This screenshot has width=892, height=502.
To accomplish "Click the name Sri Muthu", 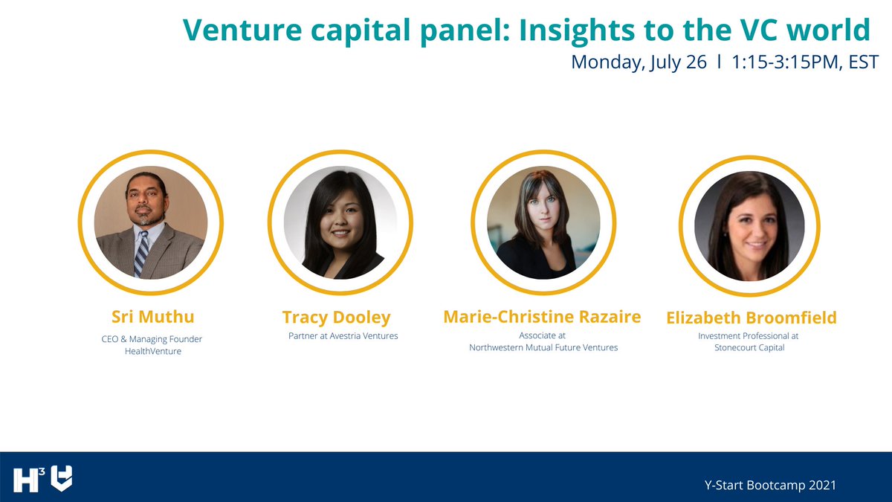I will [x=152, y=317].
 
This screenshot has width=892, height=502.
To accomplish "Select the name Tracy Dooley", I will [x=336, y=318].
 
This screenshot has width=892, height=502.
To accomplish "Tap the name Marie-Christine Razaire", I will [x=542, y=317].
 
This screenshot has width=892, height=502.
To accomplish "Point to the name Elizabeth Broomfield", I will [x=751, y=318].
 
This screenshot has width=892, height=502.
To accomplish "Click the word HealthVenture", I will [x=152, y=351].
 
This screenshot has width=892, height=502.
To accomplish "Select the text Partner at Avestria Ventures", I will [x=343, y=336].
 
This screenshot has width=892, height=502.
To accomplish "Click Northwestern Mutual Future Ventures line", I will [x=543, y=347].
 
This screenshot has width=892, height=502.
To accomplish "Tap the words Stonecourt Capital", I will [x=749, y=347].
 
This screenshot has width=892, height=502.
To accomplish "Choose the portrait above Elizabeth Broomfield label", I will [x=749, y=224].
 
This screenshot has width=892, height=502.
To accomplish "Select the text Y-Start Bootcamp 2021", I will [x=770, y=485].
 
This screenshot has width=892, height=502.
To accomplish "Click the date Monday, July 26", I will [x=639, y=62].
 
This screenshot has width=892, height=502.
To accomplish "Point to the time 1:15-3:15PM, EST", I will [x=805, y=62].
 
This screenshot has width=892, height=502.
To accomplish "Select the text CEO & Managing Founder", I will [x=152, y=339].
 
